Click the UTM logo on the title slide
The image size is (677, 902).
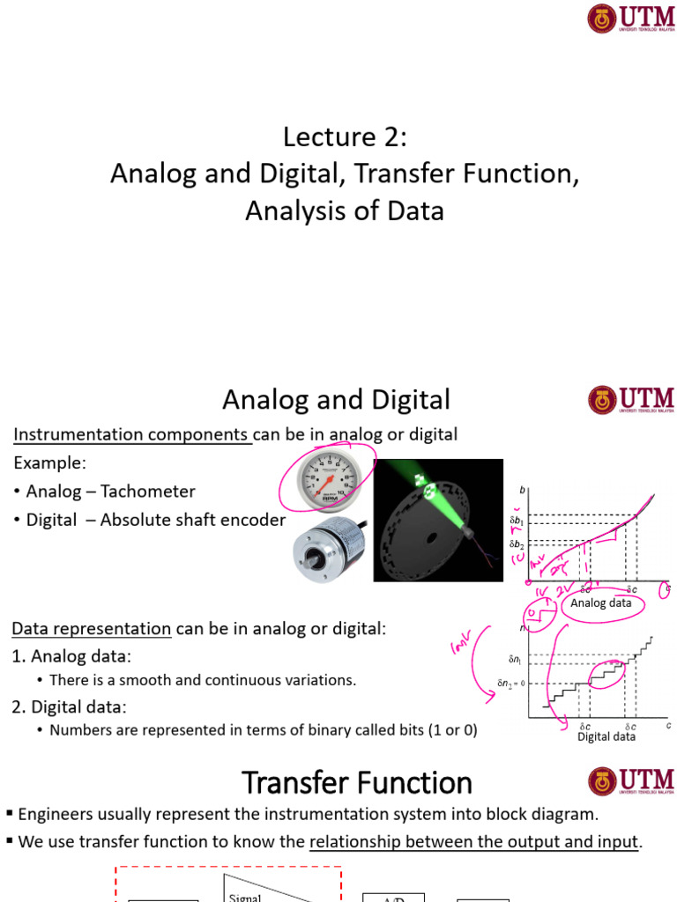(630, 18)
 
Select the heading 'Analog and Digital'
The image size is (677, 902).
(336, 400)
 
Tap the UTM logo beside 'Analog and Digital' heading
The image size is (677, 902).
(630, 401)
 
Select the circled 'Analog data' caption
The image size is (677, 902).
(600, 603)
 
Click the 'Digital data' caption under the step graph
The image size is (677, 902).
(606, 736)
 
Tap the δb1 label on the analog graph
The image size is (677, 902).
(517, 521)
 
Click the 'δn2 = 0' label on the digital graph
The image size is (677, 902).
(510, 683)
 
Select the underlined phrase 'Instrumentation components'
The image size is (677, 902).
(132, 434)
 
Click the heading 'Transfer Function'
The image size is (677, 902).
(357, 782)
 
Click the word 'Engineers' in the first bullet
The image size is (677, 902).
(50, 814)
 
